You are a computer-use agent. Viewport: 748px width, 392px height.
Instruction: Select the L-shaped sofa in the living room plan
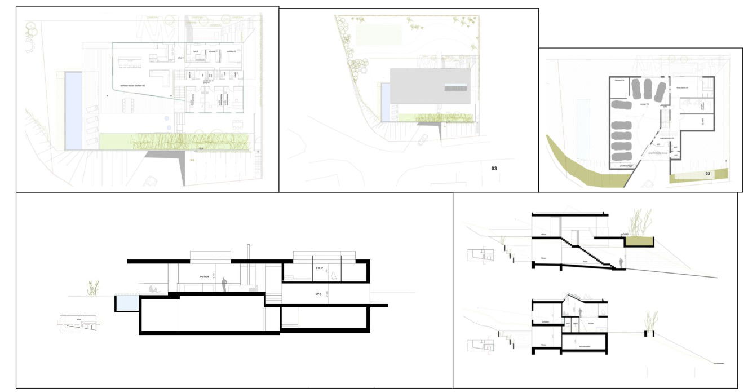(161, 78)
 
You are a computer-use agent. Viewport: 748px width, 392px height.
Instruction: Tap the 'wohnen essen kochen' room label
(132, 85)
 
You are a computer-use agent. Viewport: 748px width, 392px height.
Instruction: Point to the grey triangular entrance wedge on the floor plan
(170, 160)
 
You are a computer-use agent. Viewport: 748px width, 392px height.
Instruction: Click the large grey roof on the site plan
(430, 86)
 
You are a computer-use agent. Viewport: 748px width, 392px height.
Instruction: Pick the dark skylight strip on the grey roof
(456, 87)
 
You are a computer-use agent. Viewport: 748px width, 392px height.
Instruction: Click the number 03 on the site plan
(494, 168)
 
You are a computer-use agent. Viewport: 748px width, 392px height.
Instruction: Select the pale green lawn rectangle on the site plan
(379, 34)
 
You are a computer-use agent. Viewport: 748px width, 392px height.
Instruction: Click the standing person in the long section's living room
(224, 284)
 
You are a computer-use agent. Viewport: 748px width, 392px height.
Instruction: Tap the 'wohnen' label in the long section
(204, 276)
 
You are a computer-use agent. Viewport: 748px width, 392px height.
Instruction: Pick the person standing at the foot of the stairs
(621, 263)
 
